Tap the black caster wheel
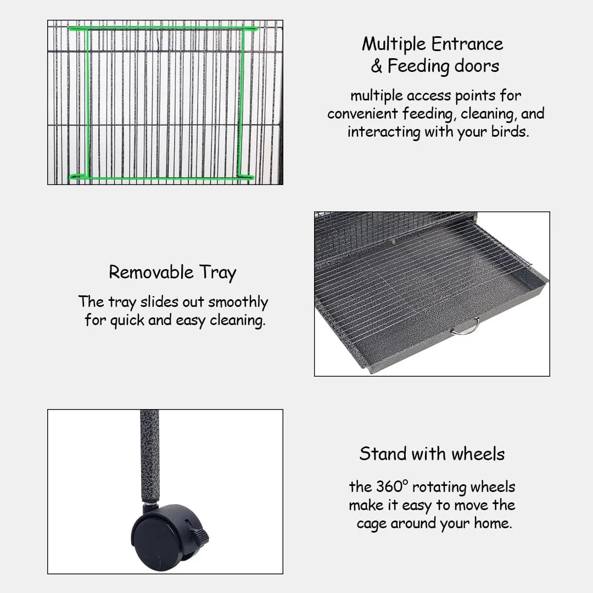click(166, 537)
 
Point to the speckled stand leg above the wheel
click(150, 456)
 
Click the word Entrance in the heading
click(467, 44)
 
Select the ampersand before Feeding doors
click(376, 66)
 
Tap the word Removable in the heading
click(152, 272)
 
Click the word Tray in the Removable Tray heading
click(218, 273)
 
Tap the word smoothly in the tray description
click(238, 303)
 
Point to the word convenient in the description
click(362, 114)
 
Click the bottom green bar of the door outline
click(162, 177)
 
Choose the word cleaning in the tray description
click(238, 321)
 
